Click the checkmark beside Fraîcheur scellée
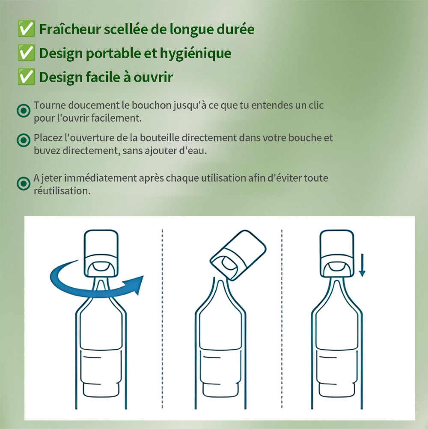(x=26, y=28)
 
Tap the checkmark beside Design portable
(x=26, y=53)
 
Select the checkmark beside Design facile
(x=26, y=77)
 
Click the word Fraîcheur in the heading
(x=70, y=29)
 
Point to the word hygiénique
(x=196, y=54)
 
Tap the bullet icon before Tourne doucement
(x=24, y=111)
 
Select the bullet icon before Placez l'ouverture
(x=24, y=140)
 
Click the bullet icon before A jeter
(x=24, y=183)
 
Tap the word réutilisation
(x=62, y=191)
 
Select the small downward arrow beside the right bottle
(x=362, y=265)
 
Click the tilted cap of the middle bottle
(x=238, y=255)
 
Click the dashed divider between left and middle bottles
(x=163, y=319)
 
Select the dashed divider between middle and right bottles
(x=282, y=319)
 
